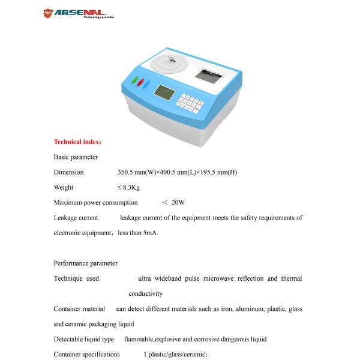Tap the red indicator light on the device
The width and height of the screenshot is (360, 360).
coord(140,83)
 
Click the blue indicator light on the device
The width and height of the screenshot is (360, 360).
coord(146,86)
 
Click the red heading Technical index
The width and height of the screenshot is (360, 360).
coord(77,142)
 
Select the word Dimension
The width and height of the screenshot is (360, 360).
coord(68,172)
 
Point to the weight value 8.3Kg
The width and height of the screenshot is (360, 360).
coord(130,188)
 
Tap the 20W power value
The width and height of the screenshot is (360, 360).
coord(178,203)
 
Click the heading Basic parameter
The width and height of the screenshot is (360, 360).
coord(76,157)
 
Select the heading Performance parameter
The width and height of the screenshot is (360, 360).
coord(85,263)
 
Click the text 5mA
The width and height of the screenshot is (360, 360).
coord(150,233)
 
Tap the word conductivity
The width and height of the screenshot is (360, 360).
coord(145,293)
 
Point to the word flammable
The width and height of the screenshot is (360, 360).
coord(139,339)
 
